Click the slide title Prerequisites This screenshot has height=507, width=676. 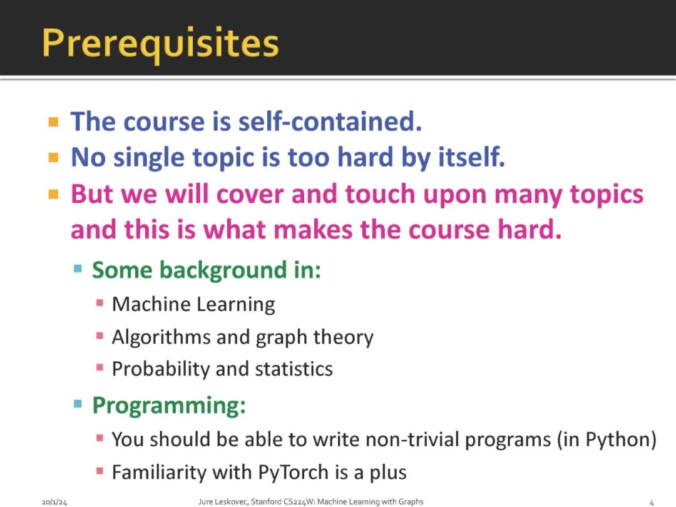point(160,44)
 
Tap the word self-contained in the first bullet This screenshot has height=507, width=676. point(330,121)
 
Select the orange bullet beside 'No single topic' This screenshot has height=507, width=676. point(53,158)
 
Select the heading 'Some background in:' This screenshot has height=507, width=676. point(207,271)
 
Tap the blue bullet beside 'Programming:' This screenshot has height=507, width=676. point(78,404)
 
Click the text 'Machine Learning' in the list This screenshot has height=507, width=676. point(193,304)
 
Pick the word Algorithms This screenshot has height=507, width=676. point(161,337)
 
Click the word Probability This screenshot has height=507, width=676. point(161,369)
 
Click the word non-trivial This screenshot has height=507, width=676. point(412,439)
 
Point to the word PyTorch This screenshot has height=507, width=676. point(293,473)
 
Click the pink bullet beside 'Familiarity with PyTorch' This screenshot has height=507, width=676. point(100,471)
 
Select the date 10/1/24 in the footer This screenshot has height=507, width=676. point(54,502)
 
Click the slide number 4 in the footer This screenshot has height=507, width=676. point(652,502)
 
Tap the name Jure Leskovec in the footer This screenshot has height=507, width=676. point(223,501)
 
